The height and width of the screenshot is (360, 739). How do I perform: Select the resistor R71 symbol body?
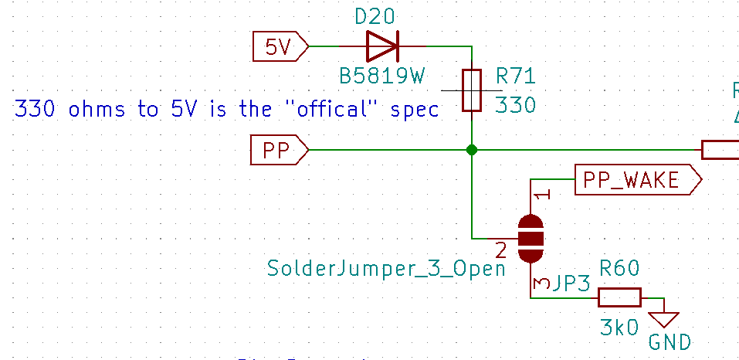click(x=471, y=90)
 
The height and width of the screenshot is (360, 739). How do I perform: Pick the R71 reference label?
click(x=515, y=76)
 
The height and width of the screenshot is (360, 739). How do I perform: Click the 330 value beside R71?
click(x=514, y=104)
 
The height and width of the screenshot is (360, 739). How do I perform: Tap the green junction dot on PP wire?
click(x=471, y=150)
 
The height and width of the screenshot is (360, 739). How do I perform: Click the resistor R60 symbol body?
click(x=620, y=297)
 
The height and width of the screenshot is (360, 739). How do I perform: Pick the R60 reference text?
click(x=619, y=270)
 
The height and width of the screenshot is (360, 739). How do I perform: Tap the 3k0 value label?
click(x=619, y=327)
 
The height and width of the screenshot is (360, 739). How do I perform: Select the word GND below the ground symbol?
click(x=669, y=342)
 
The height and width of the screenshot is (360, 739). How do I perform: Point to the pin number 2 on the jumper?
click(x=501, y=250)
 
